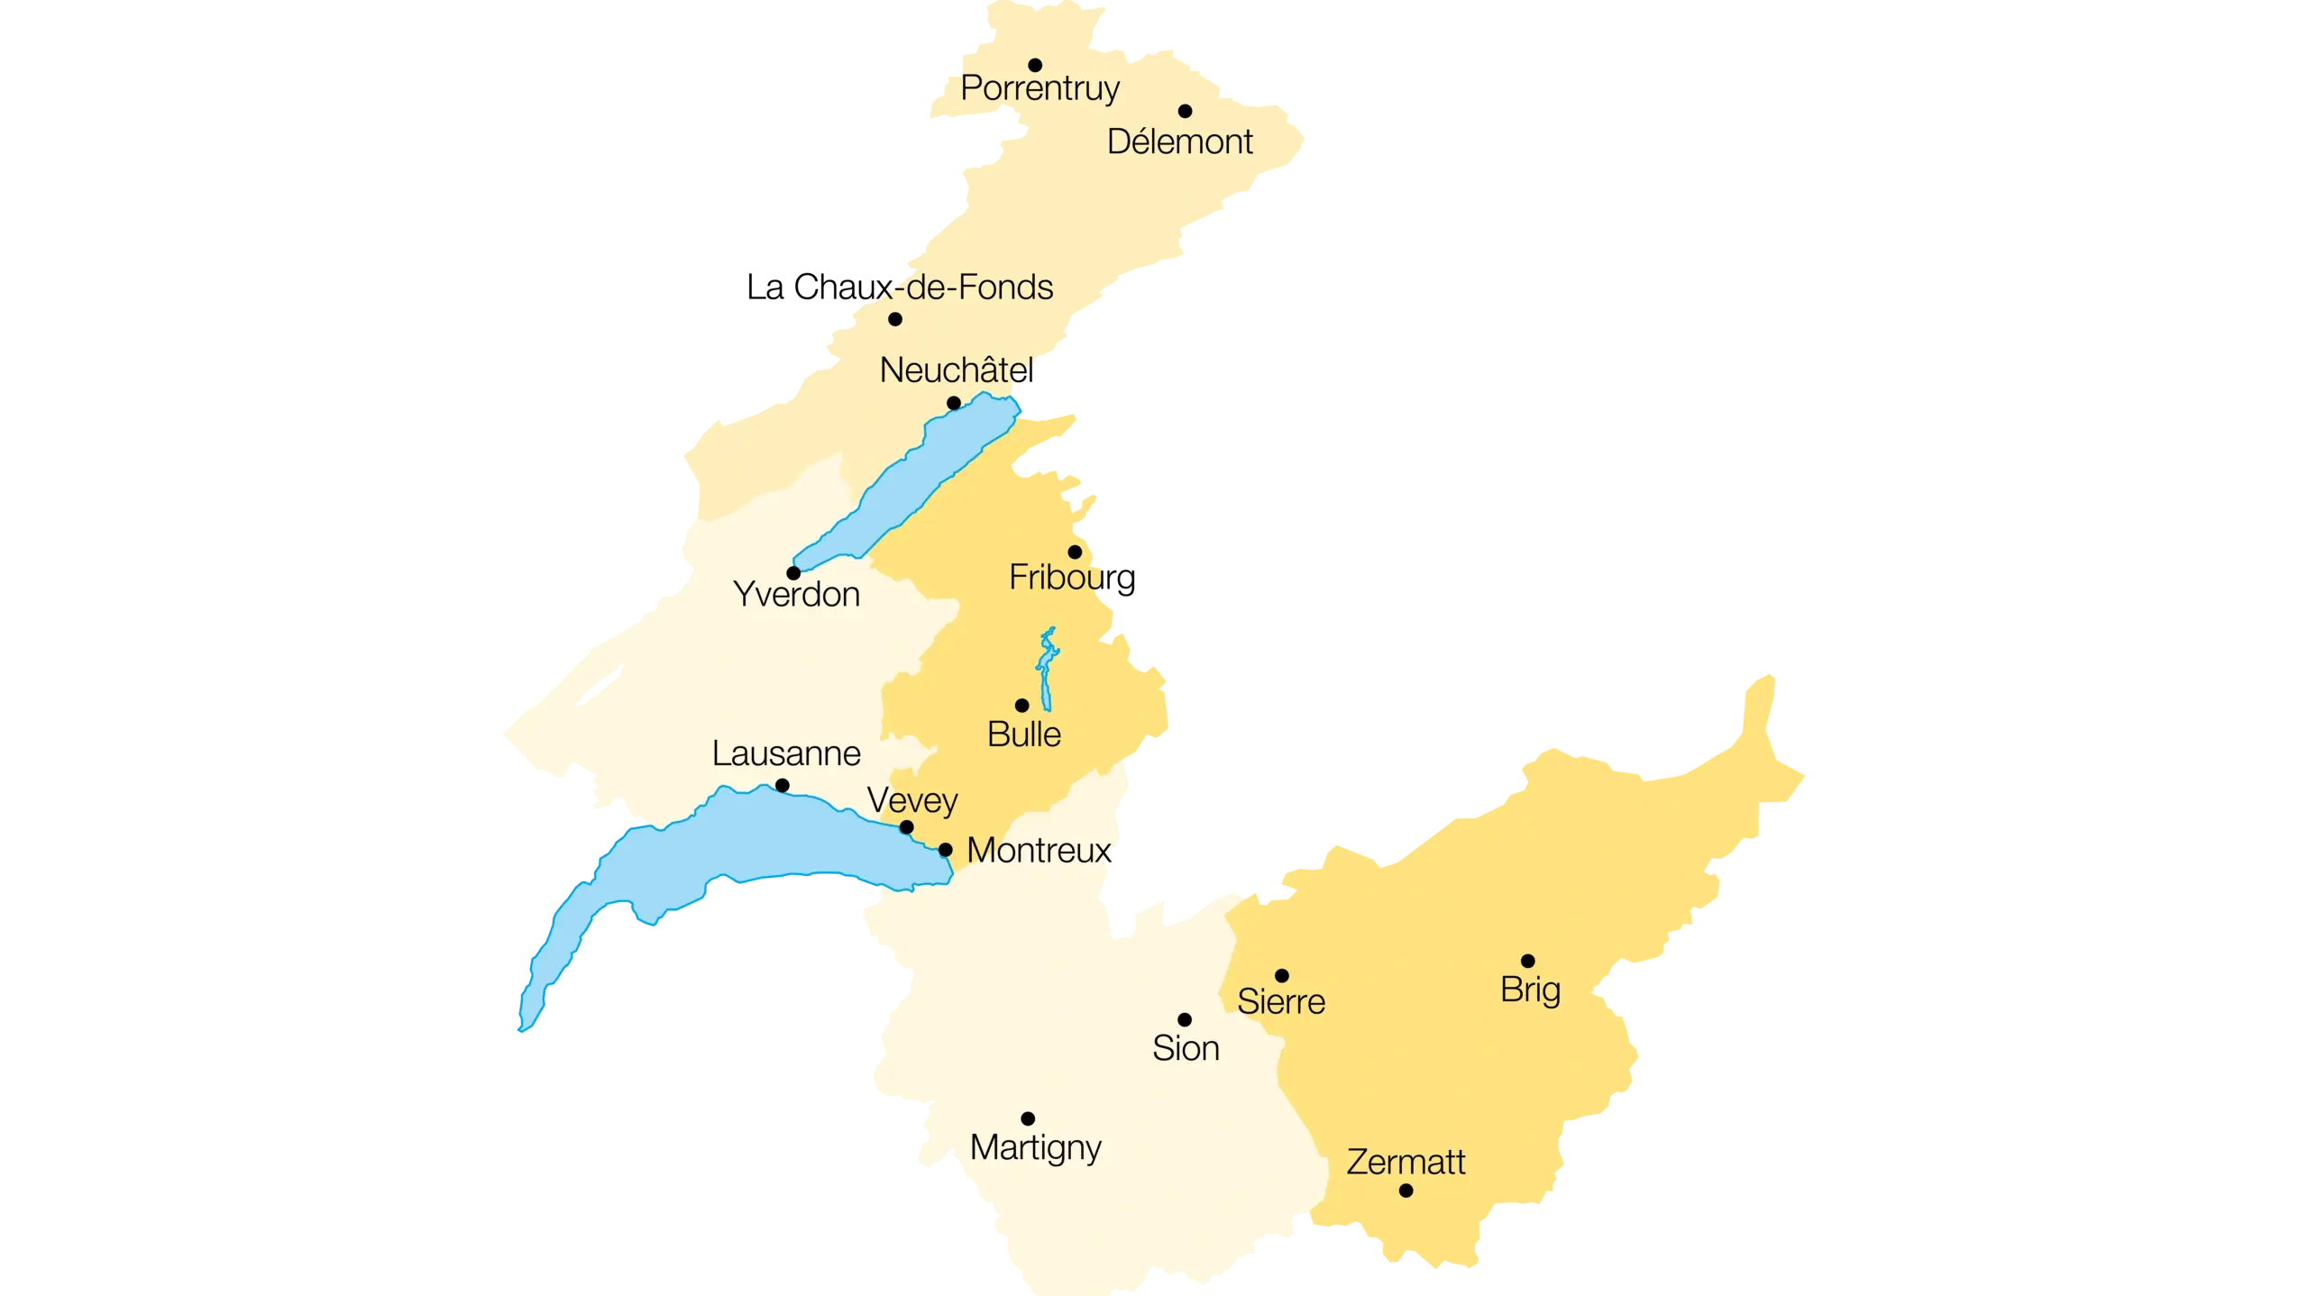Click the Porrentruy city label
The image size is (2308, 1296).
point(1040,88)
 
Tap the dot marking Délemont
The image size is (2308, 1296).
point(1185,111)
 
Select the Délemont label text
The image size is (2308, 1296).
point(1179,141)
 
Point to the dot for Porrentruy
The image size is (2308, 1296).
point(1035,65)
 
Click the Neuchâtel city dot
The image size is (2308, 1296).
point(954,403)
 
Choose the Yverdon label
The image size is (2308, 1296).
point(796,595)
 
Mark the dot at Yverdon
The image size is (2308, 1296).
point(793,573)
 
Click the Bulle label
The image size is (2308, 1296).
point(1024,735)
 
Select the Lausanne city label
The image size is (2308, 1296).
point(786,753)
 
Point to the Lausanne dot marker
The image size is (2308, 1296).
point(783,786)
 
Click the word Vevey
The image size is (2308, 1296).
point(912,800)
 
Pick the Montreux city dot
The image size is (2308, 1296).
point(945,850)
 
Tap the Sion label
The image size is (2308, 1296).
point(1186,1048)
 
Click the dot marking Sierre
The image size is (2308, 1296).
point(1281,975)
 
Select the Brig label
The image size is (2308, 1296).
point(1530,990)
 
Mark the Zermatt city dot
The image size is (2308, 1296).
point(1406,1191)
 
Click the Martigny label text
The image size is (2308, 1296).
point(1035,1148)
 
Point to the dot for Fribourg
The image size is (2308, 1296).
point(1075,552)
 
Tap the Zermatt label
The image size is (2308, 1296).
point(1406,1163)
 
